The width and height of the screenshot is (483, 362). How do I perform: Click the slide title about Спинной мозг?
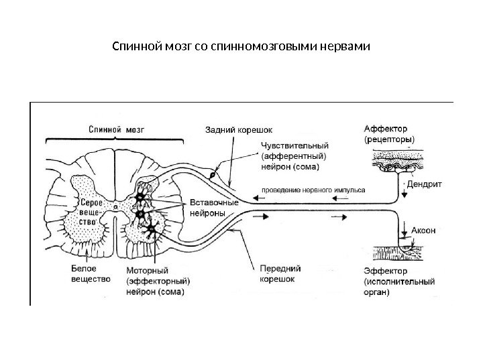point(241,48)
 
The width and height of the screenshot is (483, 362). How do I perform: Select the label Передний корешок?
point(276,273)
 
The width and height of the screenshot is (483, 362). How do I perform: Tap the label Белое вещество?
point(89,273)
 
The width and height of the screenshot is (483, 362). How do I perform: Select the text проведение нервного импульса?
point(313,190)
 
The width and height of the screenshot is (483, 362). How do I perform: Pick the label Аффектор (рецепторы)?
point(389,134)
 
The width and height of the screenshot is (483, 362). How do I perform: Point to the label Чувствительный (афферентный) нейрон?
point(294,154)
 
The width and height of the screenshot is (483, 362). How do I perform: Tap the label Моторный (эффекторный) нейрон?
point(158,282)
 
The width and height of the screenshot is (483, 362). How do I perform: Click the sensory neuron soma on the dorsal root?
point(213,176)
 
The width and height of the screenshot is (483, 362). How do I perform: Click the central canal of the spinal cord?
point(115,208)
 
